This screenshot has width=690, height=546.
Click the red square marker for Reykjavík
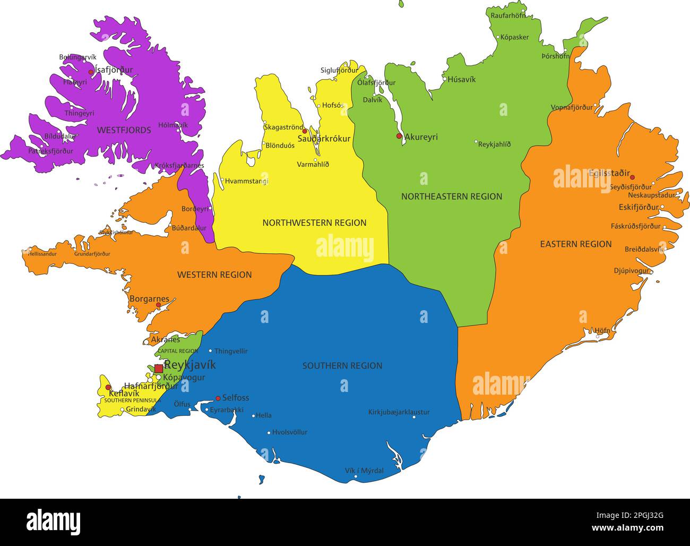coord(158,368)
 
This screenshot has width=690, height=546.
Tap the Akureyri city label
coord(421,137)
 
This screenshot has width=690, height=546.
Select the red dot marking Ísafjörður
coord(91,72)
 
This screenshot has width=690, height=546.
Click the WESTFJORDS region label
coord(124,130)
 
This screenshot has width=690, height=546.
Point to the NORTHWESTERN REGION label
coord(314,223)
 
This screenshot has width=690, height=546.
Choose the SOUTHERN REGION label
coord(342,366)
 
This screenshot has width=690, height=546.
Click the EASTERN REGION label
coord(576,244)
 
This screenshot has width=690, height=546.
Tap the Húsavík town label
coord(461,80)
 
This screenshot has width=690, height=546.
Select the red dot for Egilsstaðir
coord(632,177)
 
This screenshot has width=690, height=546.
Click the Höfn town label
coord(602,330)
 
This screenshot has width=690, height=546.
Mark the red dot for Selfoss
coord(218,398)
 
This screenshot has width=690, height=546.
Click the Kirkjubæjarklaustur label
coord(399,412)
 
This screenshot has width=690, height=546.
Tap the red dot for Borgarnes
coord(158,305)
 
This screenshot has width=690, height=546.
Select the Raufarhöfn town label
coord(508,15)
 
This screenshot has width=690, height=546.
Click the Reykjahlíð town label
coord(494,144)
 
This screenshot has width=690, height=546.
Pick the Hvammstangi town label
coord(246,181)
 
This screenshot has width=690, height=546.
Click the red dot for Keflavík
coord(108,387)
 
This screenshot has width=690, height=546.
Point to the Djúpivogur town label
coord(632,271)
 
